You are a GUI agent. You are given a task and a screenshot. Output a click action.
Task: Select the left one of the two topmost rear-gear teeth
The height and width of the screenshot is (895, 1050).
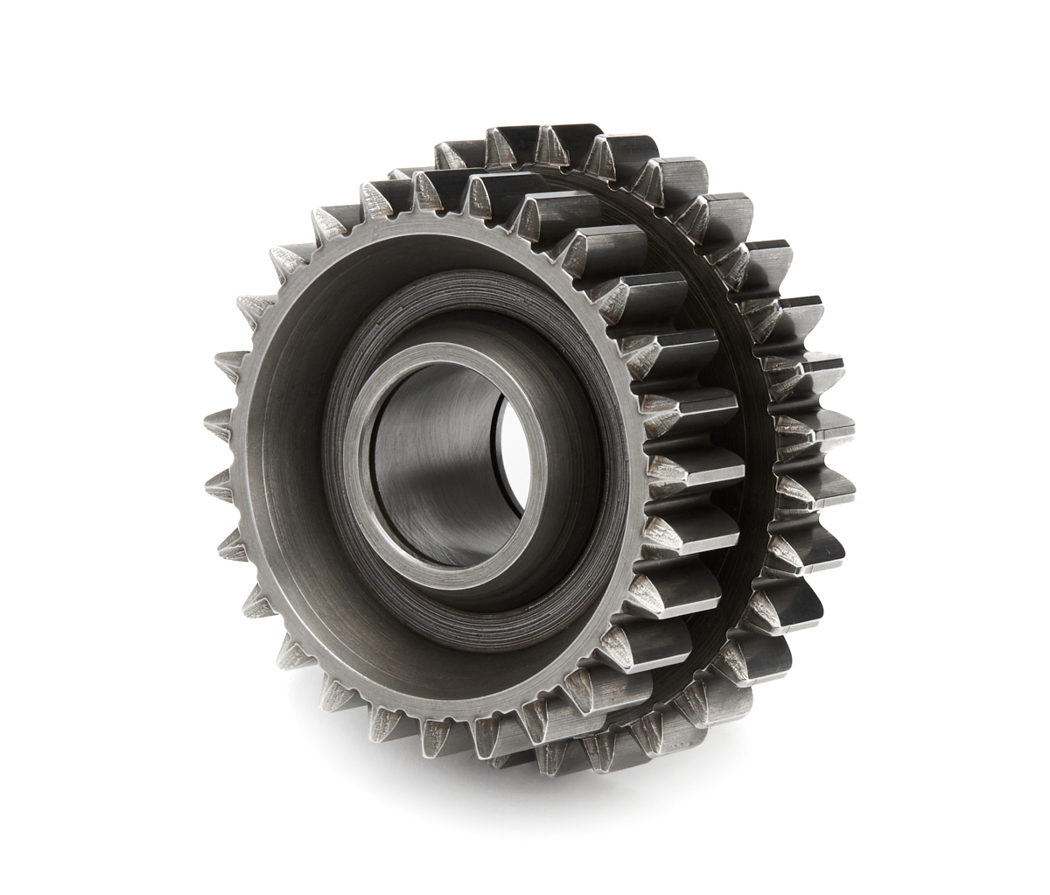pyautogui.click(x=507, y=140)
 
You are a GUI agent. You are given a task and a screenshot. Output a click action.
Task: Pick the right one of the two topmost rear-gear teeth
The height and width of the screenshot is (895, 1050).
pyautogui.click(x=560, y=140)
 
